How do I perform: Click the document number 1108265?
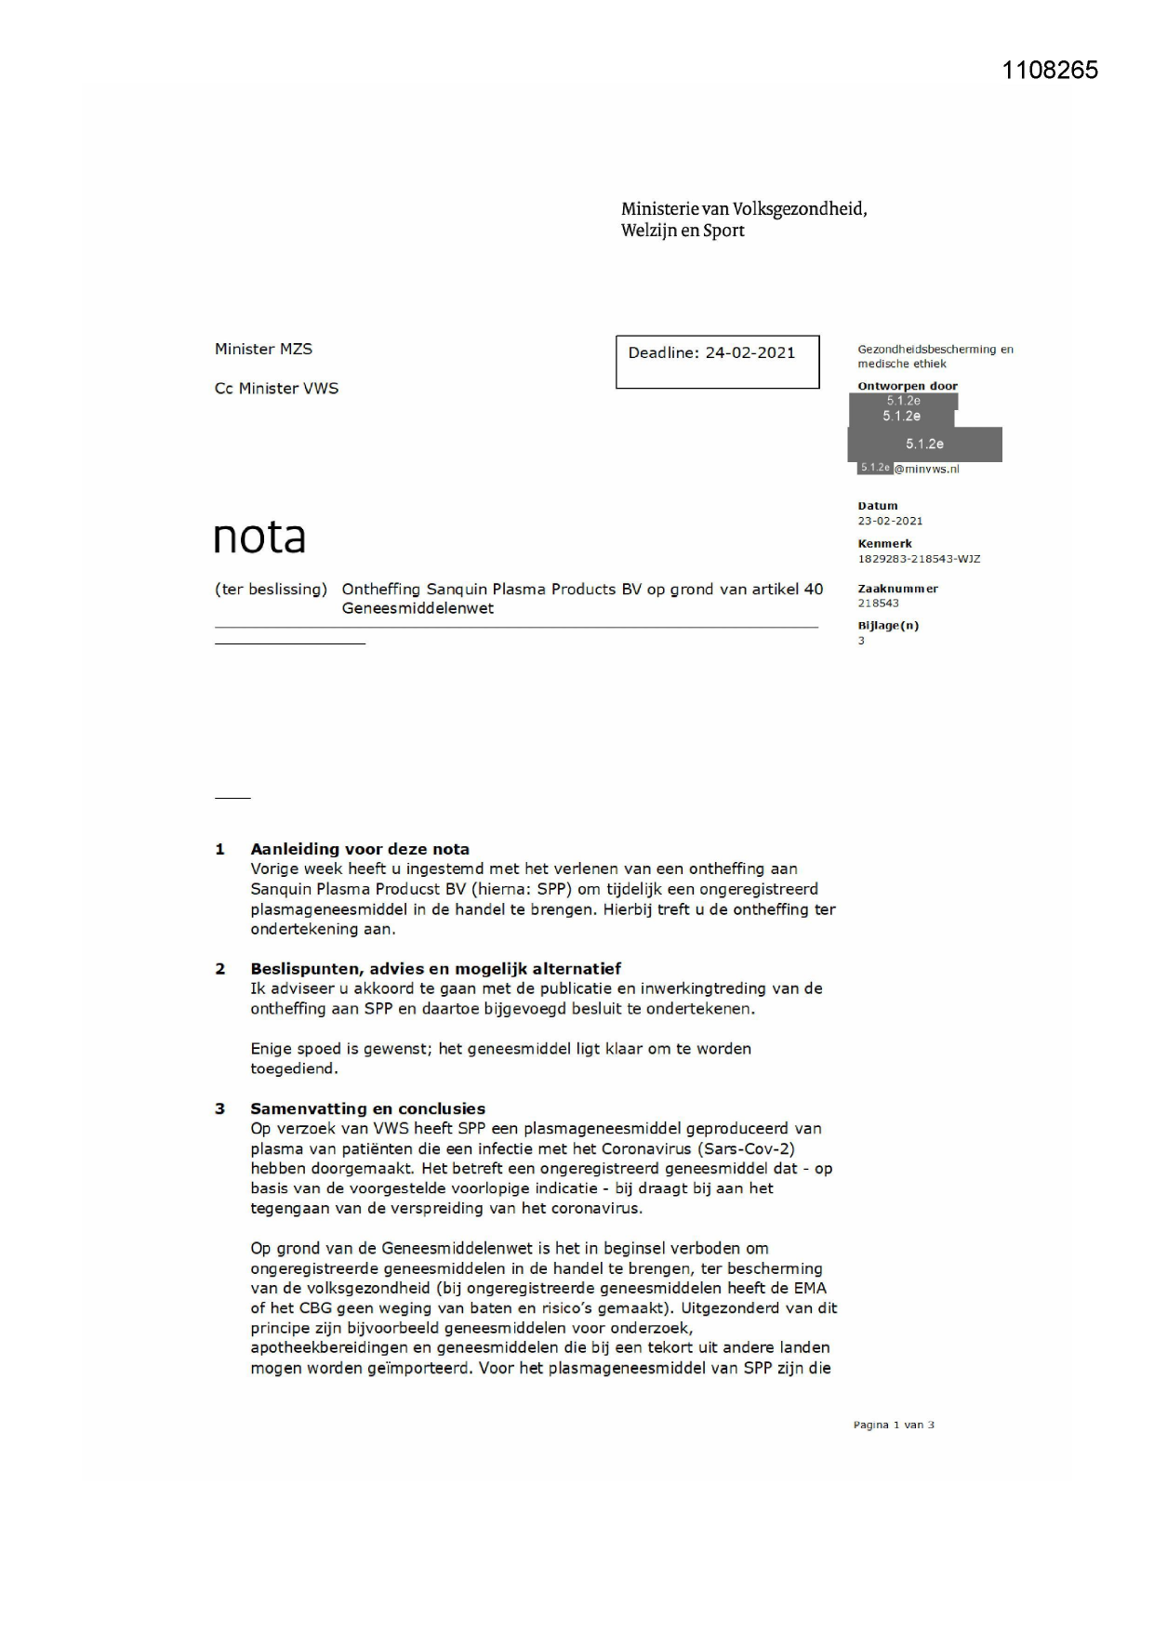tap(1050, 71)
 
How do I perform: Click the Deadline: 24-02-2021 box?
tap(717, 361)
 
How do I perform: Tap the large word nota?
tap(259, 537)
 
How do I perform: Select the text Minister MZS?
tap(263, 349)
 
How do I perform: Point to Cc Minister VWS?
tap(276, 389)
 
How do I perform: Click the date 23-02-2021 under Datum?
tap(890, 521)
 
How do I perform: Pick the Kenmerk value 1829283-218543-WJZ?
tap(919, 559)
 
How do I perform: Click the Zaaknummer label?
tap(897, 589)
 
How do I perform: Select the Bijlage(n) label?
tap(888, 626)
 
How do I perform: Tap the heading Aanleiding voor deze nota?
tap(360, 849)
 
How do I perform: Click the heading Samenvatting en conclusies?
tap(367, 1108)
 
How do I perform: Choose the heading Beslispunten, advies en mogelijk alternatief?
tap(435, 968)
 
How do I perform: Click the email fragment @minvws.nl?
tap(927, 470)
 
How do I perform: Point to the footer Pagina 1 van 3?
tap(894, 1425)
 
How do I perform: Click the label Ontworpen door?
tap(908, 386)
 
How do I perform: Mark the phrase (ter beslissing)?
tap(271, 590)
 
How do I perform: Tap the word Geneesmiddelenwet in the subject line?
tap(418, 609)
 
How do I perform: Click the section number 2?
tap(220, 969)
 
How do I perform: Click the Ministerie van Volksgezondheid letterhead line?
tap(744, 209)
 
